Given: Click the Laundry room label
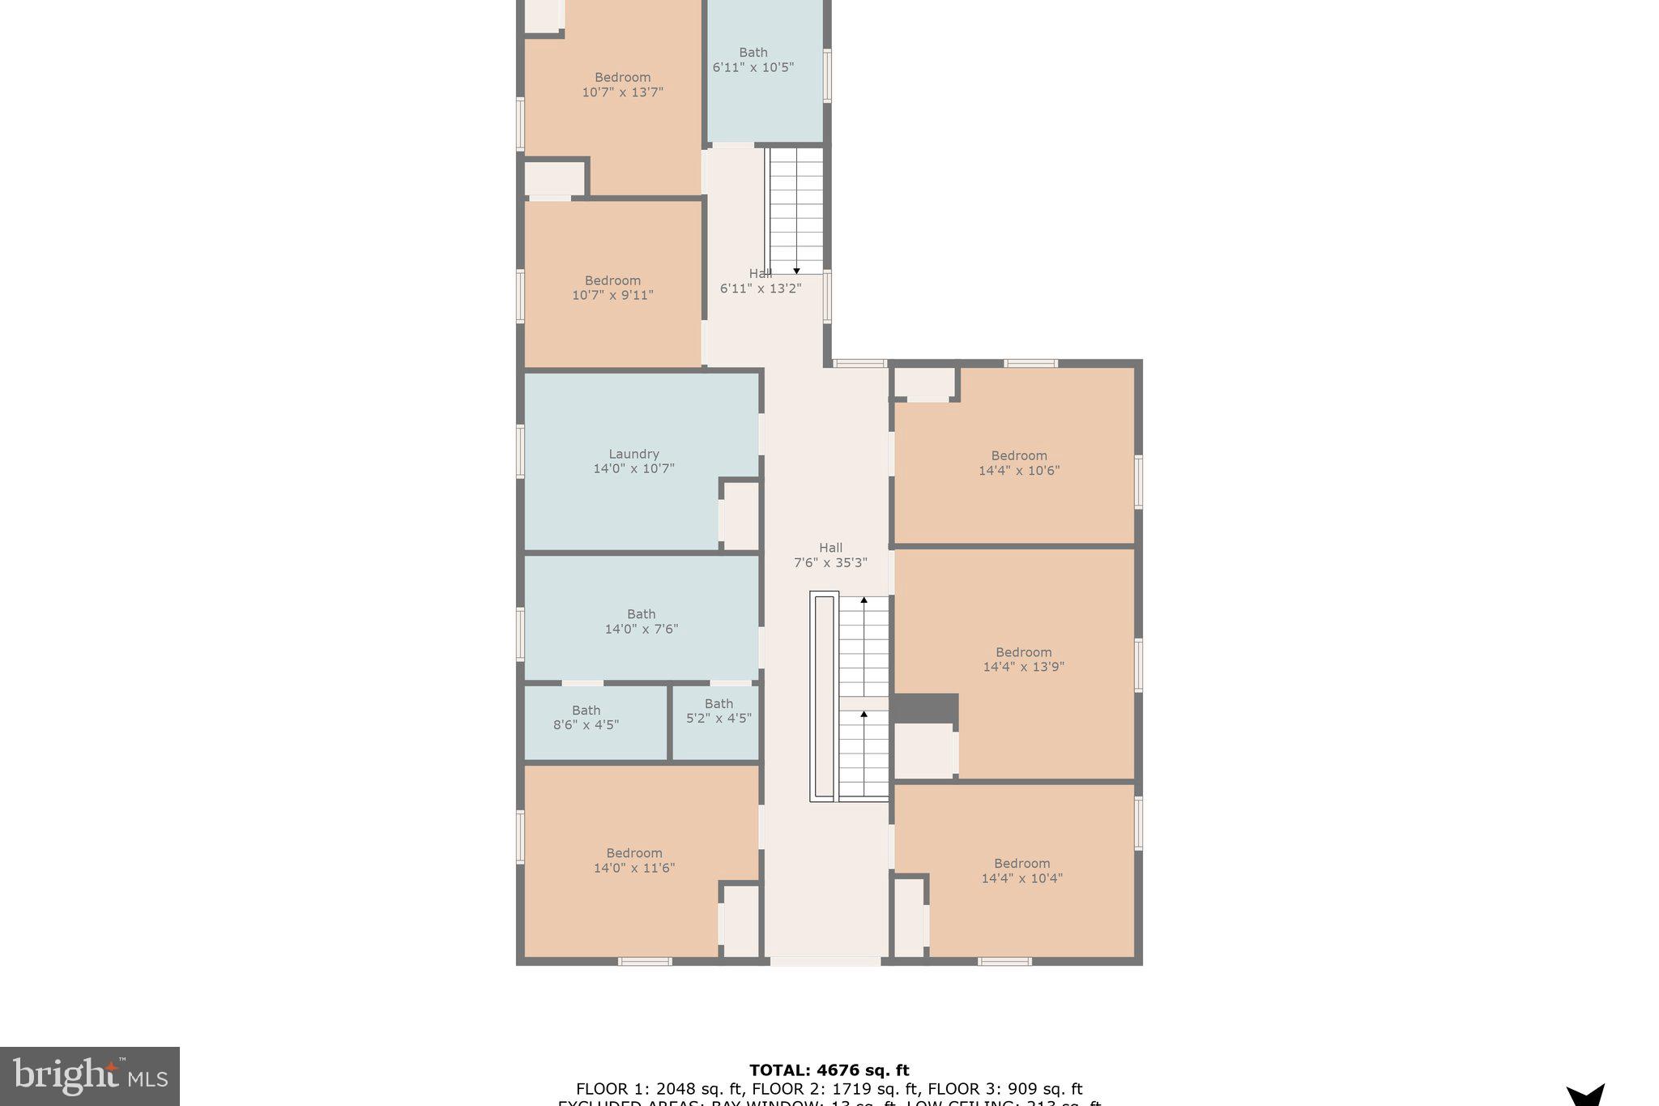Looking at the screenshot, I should click(x=633, y=461).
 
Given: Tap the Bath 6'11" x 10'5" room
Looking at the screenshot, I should click(x=753, y=60).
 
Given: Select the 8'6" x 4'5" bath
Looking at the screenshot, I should click(x=586, y=718).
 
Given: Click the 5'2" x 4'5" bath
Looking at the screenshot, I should click(x=719, y=711).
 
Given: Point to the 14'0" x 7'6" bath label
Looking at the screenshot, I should click(x=641, y=621).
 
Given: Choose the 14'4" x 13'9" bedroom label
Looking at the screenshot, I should click(x=1023, y=660).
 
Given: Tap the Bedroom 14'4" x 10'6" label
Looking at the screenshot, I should click(x=1018, y=463).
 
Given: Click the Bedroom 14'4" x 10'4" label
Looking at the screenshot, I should click(x=1021, y=871).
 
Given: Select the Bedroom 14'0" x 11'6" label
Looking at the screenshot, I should click(x=633, y=860).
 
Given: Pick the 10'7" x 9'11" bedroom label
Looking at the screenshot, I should click(x=612, y=288).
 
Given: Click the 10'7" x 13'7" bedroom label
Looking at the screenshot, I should click(x=622, y=84).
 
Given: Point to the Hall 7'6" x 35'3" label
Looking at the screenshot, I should click(x=830, y=555).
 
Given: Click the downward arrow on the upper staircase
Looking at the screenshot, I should click(x=796, y=271).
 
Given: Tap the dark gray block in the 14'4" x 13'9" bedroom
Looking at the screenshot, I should click(x=925, y=708).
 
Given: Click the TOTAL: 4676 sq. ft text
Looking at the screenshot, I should click(x=829, y=1070).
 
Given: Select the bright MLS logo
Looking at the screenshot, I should click(x=90, y=1076).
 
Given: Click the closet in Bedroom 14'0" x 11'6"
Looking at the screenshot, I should click(x=740, y=920).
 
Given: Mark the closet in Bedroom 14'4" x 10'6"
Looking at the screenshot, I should click(x=924, y=382).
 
